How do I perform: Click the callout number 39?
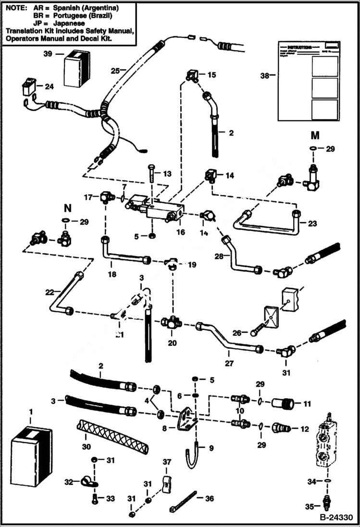click(48, 54)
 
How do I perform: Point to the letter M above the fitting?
click(315, 136)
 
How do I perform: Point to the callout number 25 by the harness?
click(115, 70)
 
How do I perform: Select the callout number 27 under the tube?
click(229, 364)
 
